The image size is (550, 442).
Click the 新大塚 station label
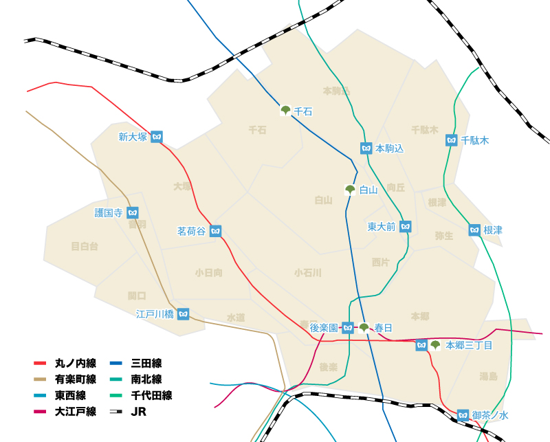pyautogui.click(x=133, y=137)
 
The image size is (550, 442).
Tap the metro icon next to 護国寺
pyautogui.click(x=133, y=213)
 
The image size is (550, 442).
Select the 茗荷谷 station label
pyautogui.click(x=191, y=232)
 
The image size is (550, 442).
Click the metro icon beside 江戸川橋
pyautogui.click(x=183, y=314)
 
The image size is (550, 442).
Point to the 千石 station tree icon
pyautogui.click(x=285, y=110)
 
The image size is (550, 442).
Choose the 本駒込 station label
pyautogui.click(x=389, y=148)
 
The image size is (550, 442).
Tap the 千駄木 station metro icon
pyautogui.click(x=452, y=140)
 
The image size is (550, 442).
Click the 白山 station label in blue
pyautogui.click(x=369, y=190)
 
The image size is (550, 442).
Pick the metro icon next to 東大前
pyautogui.click(x=406, y=226)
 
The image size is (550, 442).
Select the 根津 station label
pyautogui.click(x=493, y=230)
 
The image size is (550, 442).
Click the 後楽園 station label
pyautogui.click(x=324, y=328)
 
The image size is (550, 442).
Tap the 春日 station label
pyautogui.click(x=384, y=328)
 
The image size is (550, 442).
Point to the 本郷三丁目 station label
pyautogui.click(x=469, y=345)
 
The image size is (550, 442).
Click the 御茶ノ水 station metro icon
pyautogui.click(x=463, y=415)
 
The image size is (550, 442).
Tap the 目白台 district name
pyautogui.click(x=85, y=246)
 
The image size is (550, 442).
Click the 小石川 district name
pyautogui.click(x=307, y=272)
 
